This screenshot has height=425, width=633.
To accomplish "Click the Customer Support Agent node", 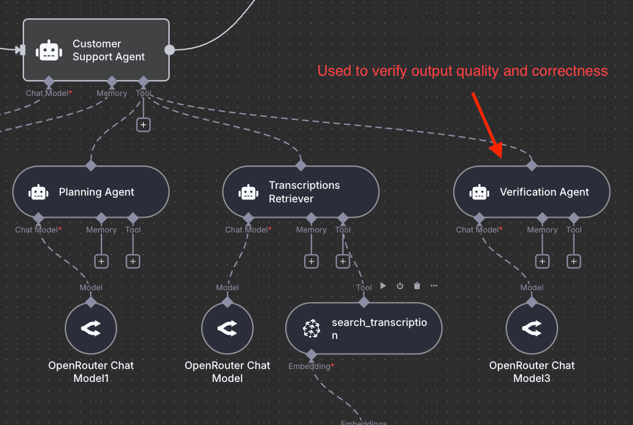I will coord(96,50).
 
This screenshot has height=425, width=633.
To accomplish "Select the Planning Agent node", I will coord(91,192).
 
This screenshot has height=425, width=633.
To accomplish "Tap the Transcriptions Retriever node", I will coord(301,192).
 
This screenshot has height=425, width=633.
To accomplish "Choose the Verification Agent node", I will coord(532,192).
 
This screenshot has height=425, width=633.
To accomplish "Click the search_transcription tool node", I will coord(364,328).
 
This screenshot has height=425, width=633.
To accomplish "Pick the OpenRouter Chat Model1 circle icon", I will coord(91,328).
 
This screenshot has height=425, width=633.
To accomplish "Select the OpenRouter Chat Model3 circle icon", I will coord(532,328).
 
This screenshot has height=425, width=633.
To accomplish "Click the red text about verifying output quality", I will coord(462,71).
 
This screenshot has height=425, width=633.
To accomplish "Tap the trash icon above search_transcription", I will coord(417,286).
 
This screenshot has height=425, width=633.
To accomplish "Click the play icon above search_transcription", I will coord(383,286).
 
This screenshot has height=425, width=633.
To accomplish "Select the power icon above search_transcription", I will coord(400,286).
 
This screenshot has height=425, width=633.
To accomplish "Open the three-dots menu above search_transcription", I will coord(434,286).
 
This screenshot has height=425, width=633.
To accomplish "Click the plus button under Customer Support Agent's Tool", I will coord(143,124).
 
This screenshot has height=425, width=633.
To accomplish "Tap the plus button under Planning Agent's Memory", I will coord(101,261).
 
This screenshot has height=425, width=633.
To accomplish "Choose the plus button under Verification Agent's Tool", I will coord(574,261).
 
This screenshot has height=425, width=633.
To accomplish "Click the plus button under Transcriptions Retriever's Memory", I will coord(312,261).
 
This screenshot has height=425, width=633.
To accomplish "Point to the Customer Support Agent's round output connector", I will coord(170,50).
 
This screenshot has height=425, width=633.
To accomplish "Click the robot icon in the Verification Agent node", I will coord(479,192).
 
